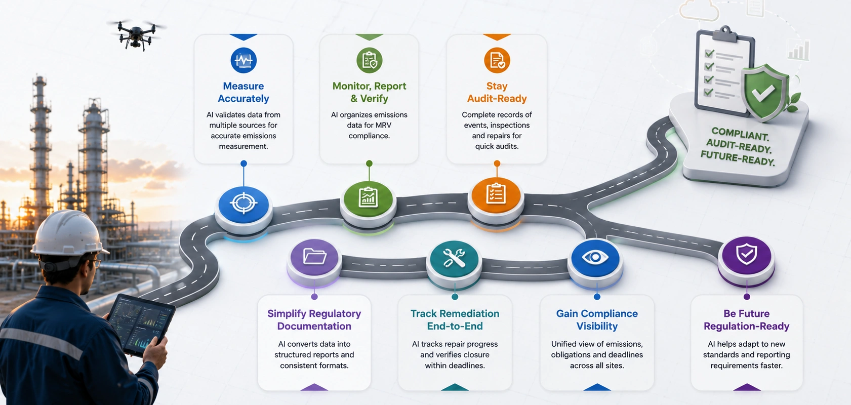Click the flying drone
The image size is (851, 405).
point(137,34)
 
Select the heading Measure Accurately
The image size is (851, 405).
point(244,92)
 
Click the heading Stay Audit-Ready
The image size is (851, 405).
point(497,92)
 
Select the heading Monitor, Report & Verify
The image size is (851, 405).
point(369,92)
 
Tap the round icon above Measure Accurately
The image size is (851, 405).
point(244,60)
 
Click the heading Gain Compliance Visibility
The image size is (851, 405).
point(597,320)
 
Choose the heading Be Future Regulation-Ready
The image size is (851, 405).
point(747,320)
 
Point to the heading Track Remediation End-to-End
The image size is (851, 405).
point(455,320)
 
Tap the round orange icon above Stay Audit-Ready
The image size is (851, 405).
point(497,60)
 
